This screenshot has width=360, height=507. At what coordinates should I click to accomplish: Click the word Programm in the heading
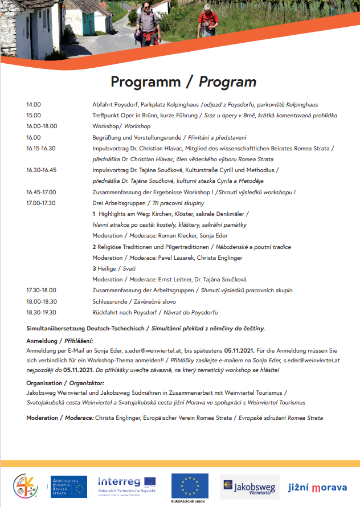coord(145,81)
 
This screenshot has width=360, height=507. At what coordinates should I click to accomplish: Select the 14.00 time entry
coord(34,105)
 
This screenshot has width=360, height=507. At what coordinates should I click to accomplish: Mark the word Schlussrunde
coord(110,301)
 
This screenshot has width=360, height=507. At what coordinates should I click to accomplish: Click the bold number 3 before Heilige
coord(94,268)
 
